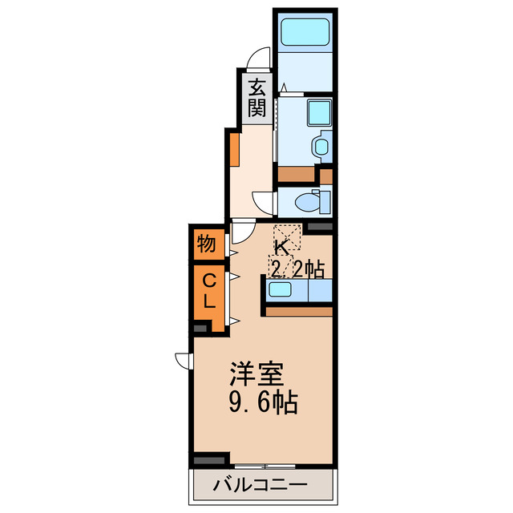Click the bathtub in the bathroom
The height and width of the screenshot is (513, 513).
pos(305,33)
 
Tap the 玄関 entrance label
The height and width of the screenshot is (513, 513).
pos(256,98)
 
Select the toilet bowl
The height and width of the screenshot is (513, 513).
pos(306,201)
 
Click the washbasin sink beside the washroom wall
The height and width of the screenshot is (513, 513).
pos(321,146)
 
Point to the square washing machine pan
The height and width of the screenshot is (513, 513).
pos(321,112)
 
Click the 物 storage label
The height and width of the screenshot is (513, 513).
pos(205,244)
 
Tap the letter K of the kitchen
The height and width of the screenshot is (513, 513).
pos(281,247)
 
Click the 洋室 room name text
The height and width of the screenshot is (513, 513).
pos(256,374)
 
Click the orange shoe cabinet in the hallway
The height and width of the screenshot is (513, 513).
pos(233,149)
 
